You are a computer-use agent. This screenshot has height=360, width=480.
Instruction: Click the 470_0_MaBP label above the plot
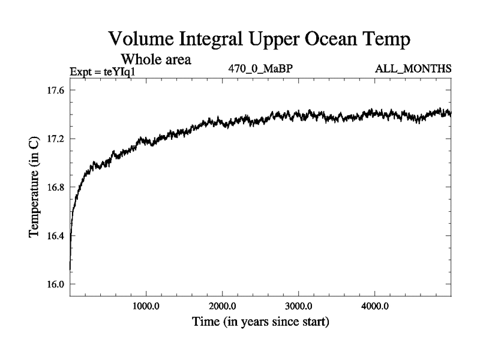click(x=260, y=68)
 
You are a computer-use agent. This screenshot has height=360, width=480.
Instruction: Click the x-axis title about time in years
click(x=260, y=322)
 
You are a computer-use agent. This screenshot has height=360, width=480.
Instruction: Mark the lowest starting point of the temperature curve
click(x=70, y=269)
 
